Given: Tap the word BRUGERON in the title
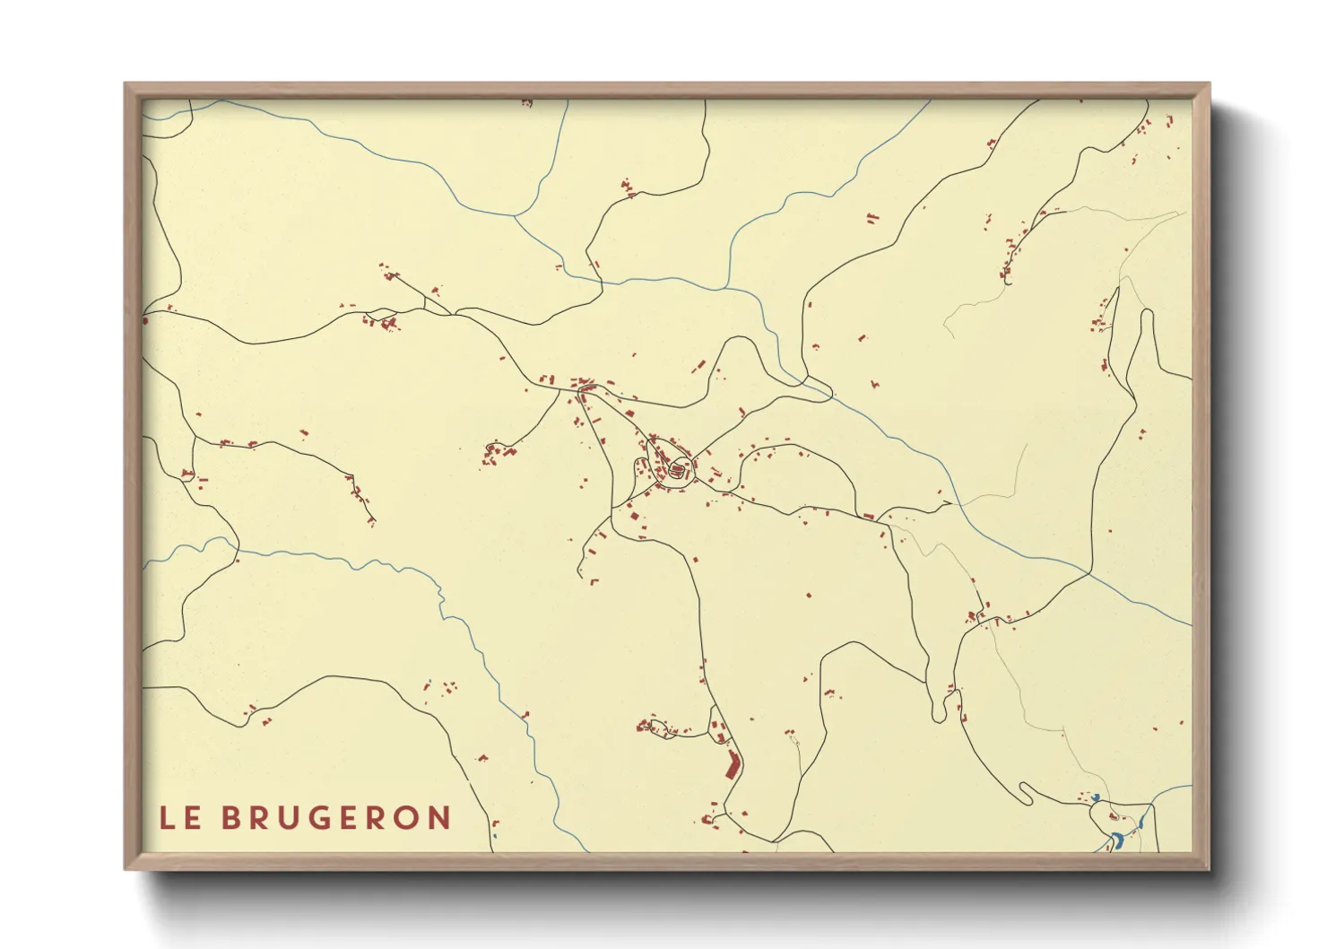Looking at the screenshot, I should click(x=336, y=818).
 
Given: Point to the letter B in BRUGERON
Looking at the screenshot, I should click(x=230, y=818).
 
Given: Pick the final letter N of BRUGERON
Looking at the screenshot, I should click(x=439, y=818).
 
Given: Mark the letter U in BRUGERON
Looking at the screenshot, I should click(x=291, y=818).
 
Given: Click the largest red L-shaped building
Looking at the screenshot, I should click(x=733, y=765).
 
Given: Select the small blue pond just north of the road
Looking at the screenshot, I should click(x=1095, y=797).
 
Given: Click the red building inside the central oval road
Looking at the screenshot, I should click(x=677, y=468).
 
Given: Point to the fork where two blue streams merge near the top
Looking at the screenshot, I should click(x=516, y=215).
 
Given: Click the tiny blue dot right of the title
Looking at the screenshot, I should click(x=493, y=835).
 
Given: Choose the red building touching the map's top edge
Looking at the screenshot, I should click(x=526, y=103).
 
